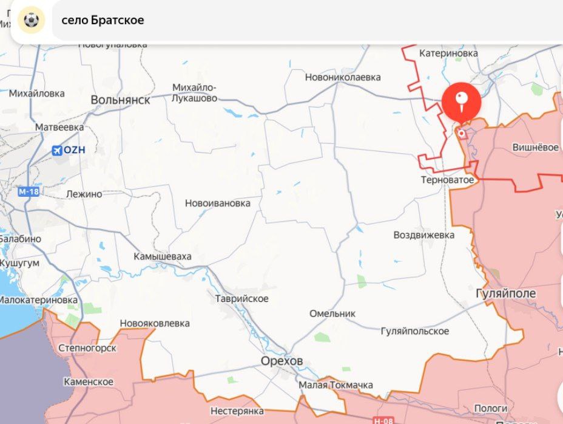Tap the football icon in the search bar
pos(31,21)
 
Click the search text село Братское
pos(103,20)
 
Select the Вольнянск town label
pos(120,100)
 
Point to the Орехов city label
pos(281,361)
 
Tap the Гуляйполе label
pos(506,293)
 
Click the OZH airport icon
pos(58,150)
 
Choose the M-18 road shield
pos(28,192)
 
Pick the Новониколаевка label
pos(343,77)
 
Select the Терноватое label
pos(448,180)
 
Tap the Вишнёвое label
pos(535,147)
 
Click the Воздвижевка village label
pos(424,234)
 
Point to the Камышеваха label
pos(163,256)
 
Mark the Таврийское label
pos(241,298)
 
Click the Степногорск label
pos(87,348)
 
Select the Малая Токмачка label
pos(335,385)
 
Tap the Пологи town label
pos(491,408)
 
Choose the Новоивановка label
pos(217,203)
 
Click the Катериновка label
pos(448,53)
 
